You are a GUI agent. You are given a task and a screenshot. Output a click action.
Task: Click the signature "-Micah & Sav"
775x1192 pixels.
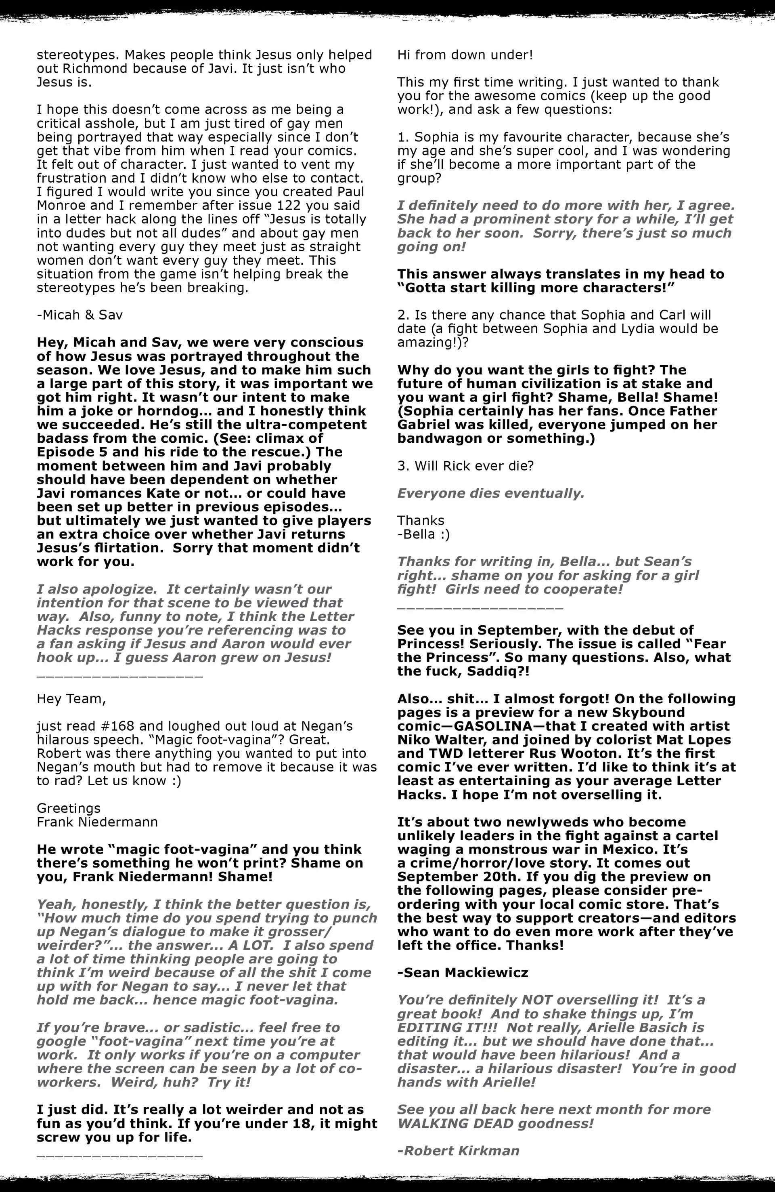80,315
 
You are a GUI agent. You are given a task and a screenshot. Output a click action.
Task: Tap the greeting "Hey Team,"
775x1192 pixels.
71,699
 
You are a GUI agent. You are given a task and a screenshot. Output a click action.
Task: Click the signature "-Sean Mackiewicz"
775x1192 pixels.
463,973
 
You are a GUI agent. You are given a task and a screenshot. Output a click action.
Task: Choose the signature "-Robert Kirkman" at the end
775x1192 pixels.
458,1150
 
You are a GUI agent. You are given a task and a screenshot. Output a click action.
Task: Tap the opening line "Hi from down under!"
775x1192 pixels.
465,55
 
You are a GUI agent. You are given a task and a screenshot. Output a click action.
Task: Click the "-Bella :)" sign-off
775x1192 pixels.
423,534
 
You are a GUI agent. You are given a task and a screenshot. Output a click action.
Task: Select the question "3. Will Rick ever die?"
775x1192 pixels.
465,466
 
